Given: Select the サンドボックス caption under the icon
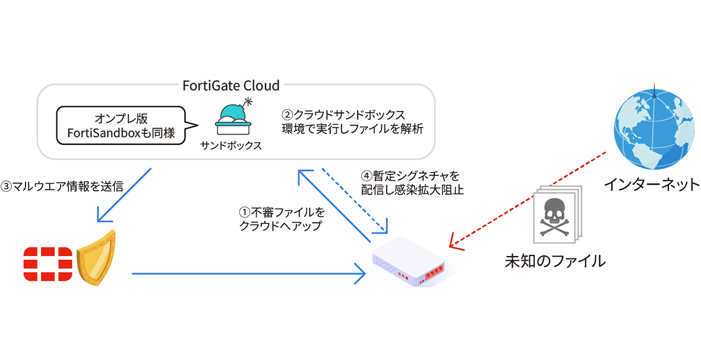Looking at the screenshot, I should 232,146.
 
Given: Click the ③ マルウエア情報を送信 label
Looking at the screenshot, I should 62,187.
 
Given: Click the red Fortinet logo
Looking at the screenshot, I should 48,263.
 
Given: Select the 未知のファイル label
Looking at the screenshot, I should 555,260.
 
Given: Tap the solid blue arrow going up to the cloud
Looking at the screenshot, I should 333,205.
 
